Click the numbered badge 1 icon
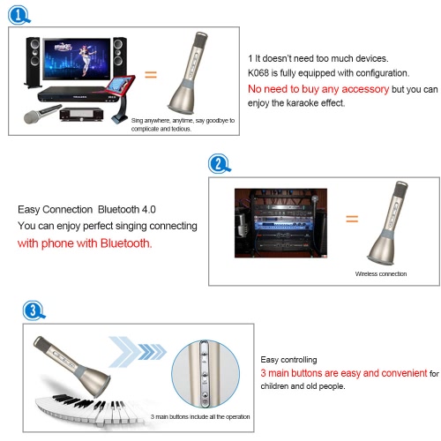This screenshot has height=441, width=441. (x=19, y=15)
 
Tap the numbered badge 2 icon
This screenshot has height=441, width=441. (x=219, y=163)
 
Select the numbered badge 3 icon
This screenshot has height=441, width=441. (x=34, y=310)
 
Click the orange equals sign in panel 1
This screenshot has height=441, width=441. (x=151, y=74)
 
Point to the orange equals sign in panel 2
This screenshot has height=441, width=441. (x=352, y=219)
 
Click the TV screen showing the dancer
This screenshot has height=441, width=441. (x=77, y=59)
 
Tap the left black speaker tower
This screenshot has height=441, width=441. (x=33, y=63)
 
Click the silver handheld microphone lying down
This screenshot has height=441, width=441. (x=42, y=114)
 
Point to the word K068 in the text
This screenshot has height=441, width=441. (x=258, y=73)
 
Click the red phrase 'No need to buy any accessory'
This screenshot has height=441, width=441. (x=318, y=89)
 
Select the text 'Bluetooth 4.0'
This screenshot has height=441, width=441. (x=127, y=209)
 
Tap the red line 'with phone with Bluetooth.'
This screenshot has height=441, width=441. (x=85, y=243)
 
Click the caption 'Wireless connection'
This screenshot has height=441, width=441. (x=381, y=273)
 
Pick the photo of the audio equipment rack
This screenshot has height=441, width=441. (x=280, y=223)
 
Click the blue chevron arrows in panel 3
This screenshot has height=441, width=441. (x=138, y=352)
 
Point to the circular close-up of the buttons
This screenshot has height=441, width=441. (x=206, y=374)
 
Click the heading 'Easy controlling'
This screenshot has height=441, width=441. (x=288, y=360)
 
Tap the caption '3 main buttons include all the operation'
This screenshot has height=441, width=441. (x=200, y=416)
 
